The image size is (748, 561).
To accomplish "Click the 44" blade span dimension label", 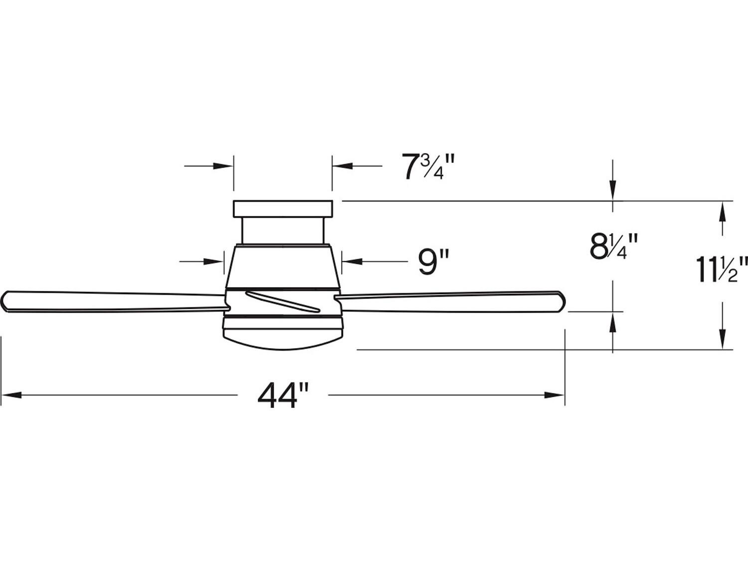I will coord(283,395).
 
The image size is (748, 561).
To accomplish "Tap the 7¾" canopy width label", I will coord(428,167).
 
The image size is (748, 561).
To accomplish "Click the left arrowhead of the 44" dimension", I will coord(11,395).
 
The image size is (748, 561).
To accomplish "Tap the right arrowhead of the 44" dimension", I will coord(555,395).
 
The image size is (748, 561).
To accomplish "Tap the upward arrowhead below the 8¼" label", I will coord(613,322).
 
